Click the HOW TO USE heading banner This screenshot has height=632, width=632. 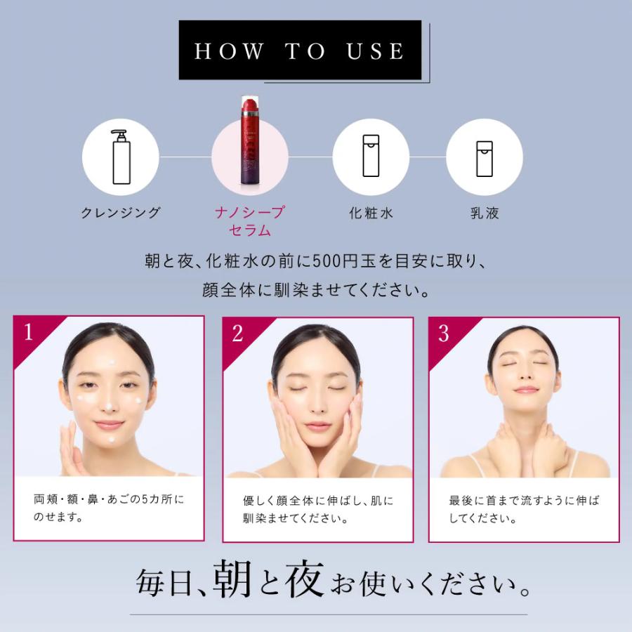click(x=300, y=51)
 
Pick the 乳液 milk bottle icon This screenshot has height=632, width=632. click(x=484, y=156)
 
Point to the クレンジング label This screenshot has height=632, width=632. click(x=121, y=213)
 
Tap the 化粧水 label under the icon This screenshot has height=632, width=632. click(x=371, y=213)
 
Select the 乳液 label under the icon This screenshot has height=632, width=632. click(x=485, y=213)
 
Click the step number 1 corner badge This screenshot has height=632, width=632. click(x=28, y=331)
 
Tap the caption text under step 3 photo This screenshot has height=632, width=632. click(x=524, y=511)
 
